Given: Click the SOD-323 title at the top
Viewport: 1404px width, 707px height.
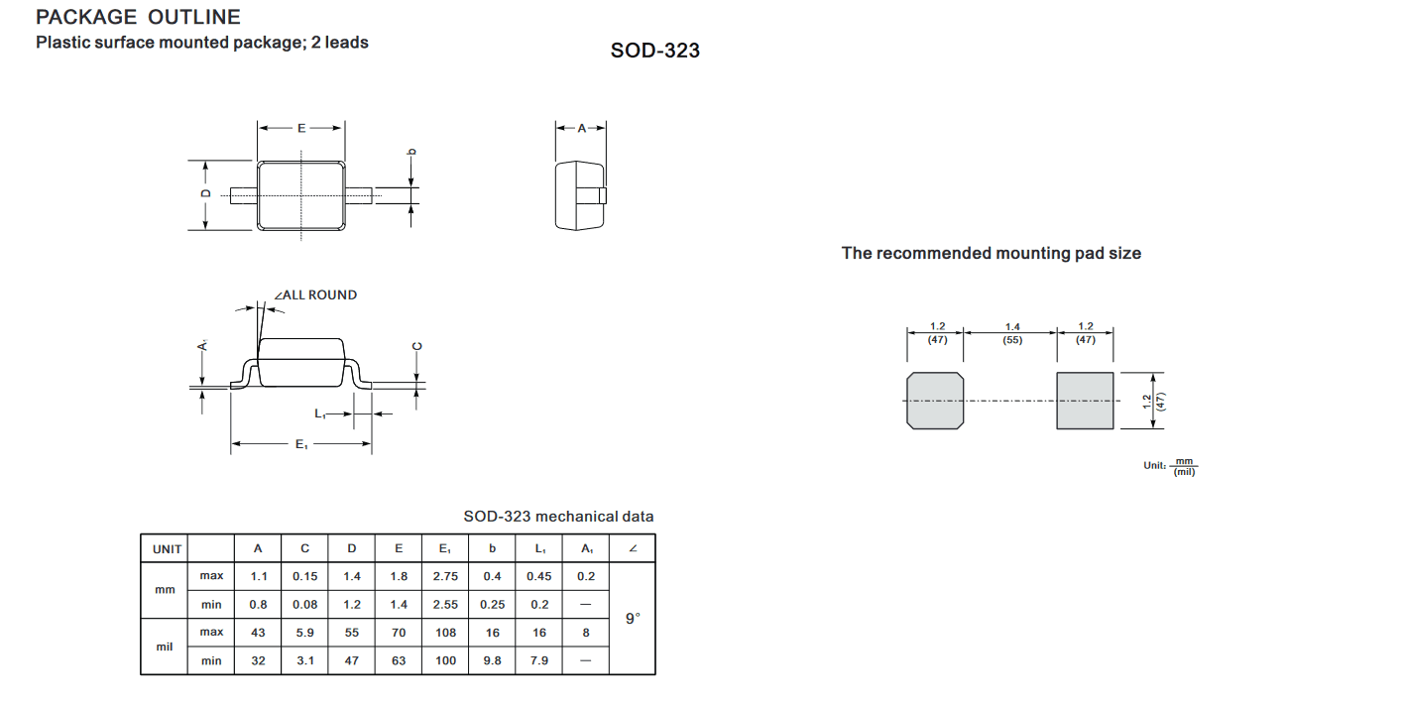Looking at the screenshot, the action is tap(655, 51).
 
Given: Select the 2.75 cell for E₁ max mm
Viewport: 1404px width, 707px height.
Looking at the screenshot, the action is tap(445, 576).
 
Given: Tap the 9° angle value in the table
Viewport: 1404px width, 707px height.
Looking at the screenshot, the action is tap(633, 618).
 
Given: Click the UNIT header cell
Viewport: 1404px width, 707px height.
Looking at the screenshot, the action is tap(167, 549).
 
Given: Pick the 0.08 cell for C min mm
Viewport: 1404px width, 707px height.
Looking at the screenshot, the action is tap(304, 604).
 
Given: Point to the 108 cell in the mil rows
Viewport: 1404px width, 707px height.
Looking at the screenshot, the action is tap(445, 633).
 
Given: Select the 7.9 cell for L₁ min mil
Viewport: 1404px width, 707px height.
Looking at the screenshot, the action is tap(539, 660).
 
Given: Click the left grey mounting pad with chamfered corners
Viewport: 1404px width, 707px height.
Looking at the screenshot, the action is tap(935, 401).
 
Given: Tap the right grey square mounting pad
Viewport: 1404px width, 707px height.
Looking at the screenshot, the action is tap(1085, 401).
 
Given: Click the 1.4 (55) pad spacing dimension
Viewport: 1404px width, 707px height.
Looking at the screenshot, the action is tap(1012, 333).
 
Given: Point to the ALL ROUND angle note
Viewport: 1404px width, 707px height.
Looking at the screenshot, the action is tap(316, 295).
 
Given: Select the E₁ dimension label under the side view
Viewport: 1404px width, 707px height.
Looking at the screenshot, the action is tap(301, 444).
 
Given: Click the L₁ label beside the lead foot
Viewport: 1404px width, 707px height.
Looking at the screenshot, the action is tap(319, 413).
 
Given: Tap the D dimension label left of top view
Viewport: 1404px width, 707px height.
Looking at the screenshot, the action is tap(205, 193).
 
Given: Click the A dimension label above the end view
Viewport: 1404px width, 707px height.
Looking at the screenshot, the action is tap(582, 128).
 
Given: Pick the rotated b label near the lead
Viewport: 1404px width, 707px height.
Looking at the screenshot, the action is tap(411, 152).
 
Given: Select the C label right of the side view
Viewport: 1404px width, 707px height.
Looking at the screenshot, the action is tap(417, 346).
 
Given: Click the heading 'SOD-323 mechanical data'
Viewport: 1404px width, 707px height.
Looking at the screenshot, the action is tap(558, 517).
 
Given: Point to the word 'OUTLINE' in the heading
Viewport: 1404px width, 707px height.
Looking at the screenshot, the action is tap(193, 17).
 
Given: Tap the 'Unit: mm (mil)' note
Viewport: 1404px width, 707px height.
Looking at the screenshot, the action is tap(1170, 466).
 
